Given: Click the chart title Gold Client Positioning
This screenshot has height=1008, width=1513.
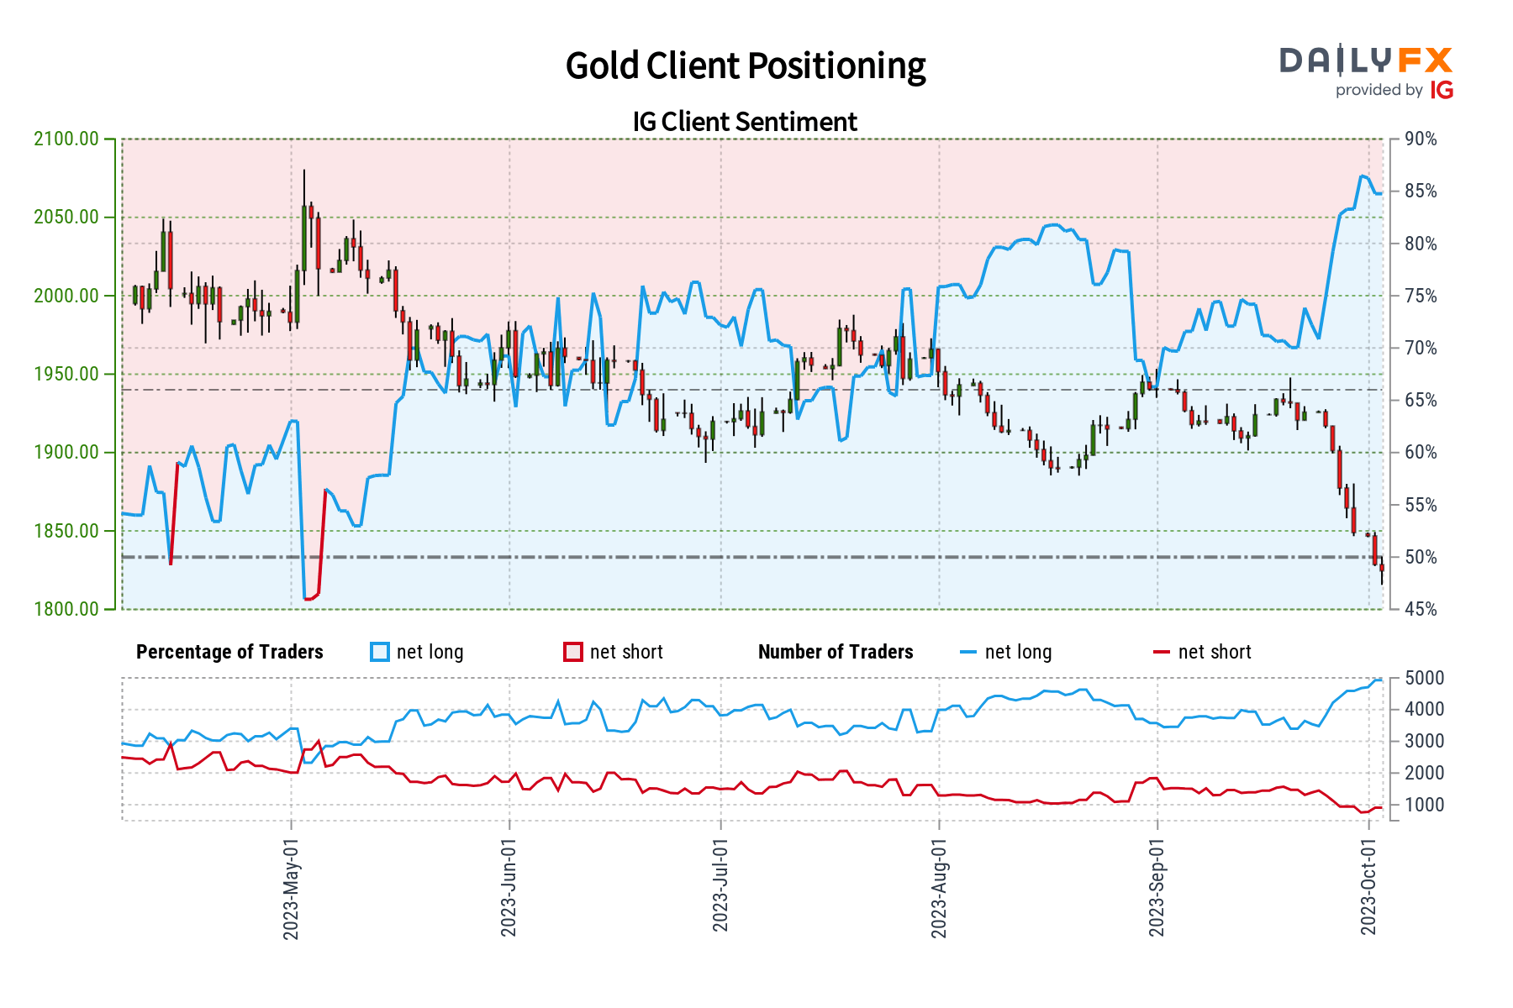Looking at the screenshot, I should click(745, 66).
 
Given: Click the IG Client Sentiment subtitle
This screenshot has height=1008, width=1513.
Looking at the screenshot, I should click(745, 122).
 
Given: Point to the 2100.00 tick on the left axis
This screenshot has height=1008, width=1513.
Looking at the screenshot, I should click(66, 139).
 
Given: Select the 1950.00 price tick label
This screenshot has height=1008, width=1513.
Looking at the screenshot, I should click(66, 374).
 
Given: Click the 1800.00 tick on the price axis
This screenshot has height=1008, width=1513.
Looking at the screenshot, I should click(66, 609).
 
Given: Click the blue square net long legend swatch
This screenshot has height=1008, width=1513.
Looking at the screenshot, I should click(380, 653).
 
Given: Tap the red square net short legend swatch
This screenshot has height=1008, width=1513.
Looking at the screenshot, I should click(573, 653).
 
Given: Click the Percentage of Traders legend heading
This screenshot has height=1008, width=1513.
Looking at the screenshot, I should click(229, 653).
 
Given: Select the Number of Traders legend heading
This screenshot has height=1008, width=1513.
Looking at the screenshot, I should click(836, 653).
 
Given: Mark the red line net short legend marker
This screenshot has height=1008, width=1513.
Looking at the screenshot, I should click(1162, 653).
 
